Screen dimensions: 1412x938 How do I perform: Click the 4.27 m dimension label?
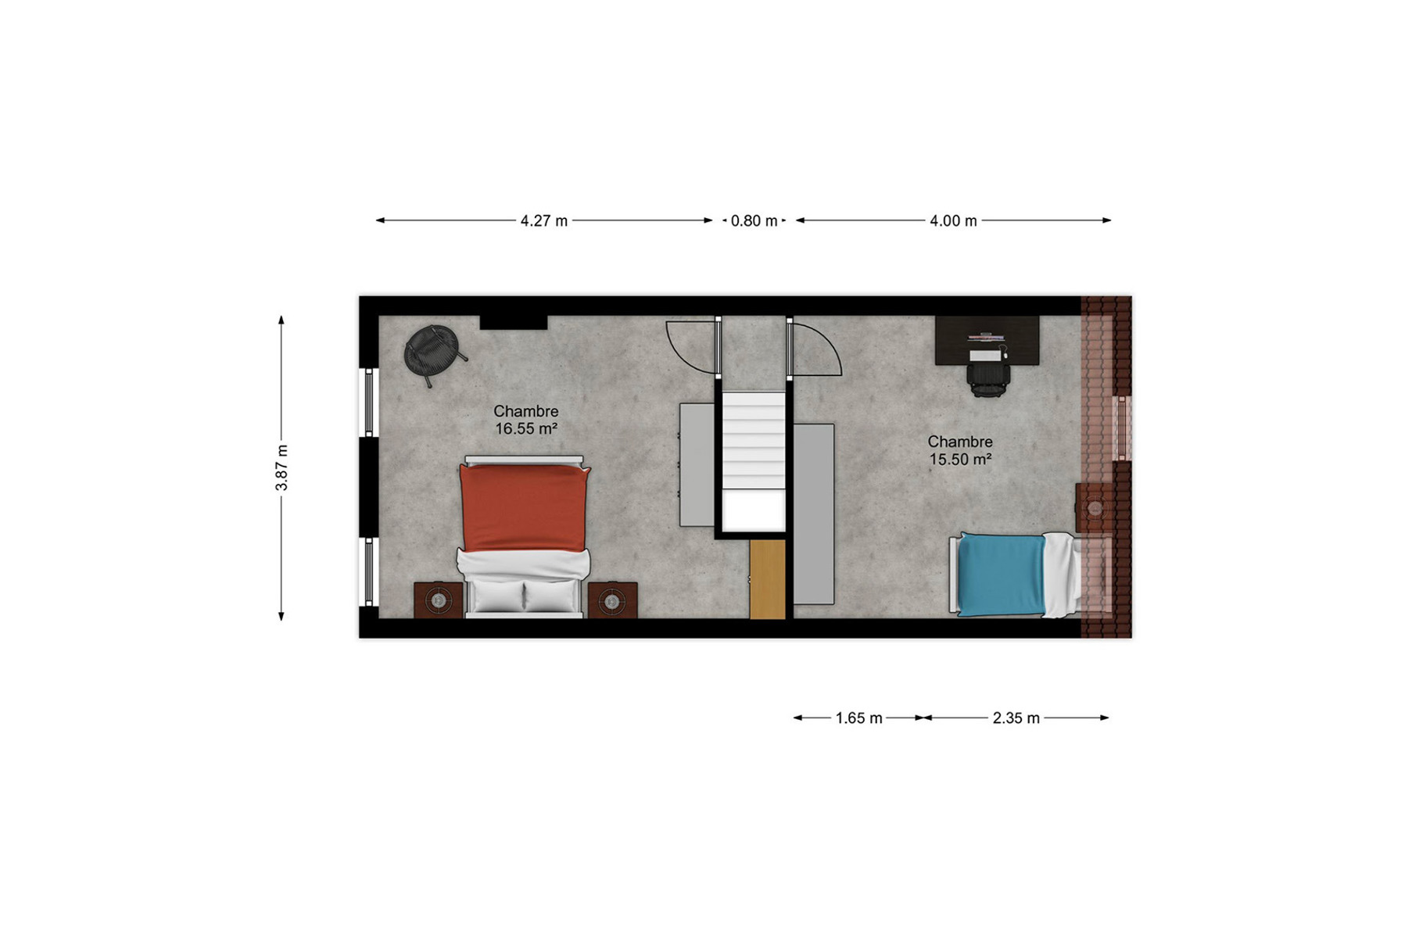(544, 221)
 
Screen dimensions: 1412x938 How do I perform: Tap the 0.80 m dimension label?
(754, 221)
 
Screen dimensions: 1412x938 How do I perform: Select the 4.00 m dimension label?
(953, 221)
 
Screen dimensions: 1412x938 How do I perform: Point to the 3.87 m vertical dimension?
(281, 467)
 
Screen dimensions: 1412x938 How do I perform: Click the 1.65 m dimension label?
(858, 718)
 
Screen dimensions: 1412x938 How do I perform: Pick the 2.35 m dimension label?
(1016, 718)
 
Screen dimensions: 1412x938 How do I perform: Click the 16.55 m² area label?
(526, 429)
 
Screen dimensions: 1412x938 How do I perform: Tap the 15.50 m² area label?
(960, 460)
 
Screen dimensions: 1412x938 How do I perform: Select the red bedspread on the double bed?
(524, 508)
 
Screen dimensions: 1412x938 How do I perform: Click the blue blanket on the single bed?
(1002, 575)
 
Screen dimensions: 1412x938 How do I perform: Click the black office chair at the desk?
(988, 373)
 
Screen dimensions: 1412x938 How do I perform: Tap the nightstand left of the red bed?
(439, 600)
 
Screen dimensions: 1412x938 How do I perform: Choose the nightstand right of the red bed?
(612, 600)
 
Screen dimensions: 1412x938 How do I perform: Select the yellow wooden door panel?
(767, 579)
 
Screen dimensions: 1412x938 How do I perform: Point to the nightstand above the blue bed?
(1095, 508)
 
